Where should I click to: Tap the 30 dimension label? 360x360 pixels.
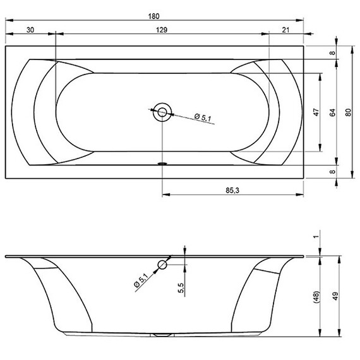(x=30, y=29)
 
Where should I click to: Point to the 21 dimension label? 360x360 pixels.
(x=287, y=29)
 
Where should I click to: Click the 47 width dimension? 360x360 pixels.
(x=315, y=112)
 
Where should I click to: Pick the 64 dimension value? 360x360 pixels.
(x=332, y=112)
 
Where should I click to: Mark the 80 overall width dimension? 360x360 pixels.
(x=348, y=112)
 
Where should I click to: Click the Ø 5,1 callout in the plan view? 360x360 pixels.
(x=203, y=117)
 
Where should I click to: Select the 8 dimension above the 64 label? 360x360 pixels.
(x=332, y=53)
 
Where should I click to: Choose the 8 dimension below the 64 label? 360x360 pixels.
(x=332, y=171)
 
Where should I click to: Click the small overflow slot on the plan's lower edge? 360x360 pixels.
(x=162, y=162)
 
